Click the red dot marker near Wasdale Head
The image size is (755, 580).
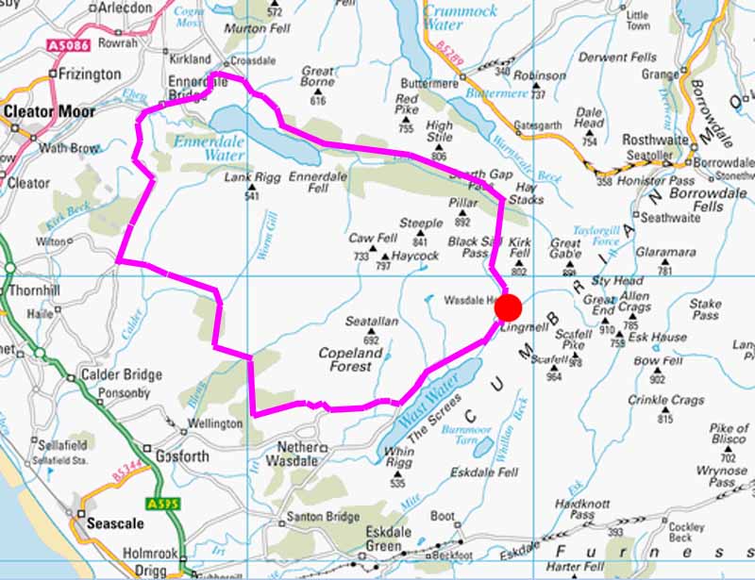coord(509,308)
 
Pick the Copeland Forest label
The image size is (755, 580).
coord(351,359)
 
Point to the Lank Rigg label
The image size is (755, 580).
coord(247,177)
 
